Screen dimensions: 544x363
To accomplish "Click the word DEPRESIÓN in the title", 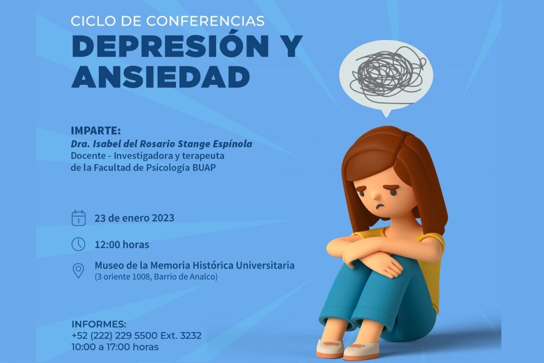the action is [171, 46].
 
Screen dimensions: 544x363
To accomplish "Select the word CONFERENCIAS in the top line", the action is [206, 21].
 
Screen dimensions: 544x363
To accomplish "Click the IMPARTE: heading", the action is [96, 131].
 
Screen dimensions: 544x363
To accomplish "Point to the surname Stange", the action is [194, 143].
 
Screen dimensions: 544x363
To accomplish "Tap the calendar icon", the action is [79, 218].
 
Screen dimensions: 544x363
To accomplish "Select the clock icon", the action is [79, 244].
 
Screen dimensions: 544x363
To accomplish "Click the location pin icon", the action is [79, 271].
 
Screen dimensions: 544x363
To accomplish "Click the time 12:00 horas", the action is [122, 244].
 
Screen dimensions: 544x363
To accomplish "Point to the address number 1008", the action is [142, 277].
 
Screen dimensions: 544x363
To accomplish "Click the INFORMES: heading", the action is [99, 324].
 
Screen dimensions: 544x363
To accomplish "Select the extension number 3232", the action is [191, 335].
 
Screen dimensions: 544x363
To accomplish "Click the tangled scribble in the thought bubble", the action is [388, 74].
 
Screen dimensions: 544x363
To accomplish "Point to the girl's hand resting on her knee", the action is [387, 267].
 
